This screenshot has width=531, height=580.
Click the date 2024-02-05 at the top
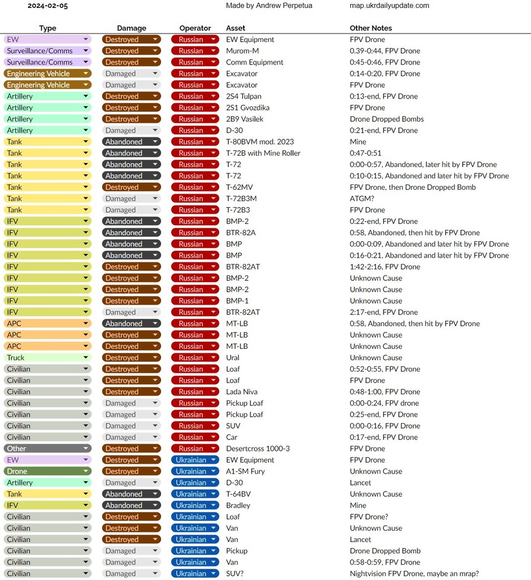[x=48, y=6]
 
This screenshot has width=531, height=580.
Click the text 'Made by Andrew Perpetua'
[x=269, y=6]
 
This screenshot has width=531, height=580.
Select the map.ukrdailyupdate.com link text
[x=389, y=6]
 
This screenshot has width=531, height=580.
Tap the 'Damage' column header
[x=131, y=28]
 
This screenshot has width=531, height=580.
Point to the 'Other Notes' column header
[x=371, y=28]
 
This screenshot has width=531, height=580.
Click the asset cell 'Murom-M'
[x=242, y=51]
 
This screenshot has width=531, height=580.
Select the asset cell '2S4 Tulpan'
[x=244, y=96]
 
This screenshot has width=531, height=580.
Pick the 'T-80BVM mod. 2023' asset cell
[x=260, y=142]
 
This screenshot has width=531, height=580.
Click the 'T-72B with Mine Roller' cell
[x=263, y=153]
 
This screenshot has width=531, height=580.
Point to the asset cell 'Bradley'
[x=238, y=505]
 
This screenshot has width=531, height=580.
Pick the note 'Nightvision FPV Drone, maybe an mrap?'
[x=414, y=573]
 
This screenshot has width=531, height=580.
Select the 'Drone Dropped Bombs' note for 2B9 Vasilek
[x=386, y=119]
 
